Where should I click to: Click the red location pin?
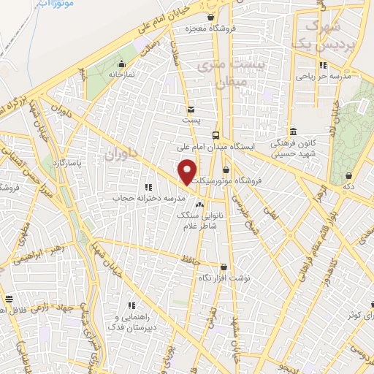(x=188, y=172)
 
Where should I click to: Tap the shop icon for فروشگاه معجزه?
(x=211, y=18)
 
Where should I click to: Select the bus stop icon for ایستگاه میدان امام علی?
(x=215, y=135)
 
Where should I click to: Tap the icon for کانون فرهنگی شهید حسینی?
(x=293, y=132)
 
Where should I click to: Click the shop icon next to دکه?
(x=350, y=175)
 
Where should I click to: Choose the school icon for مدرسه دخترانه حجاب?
(x=149, y=187)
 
